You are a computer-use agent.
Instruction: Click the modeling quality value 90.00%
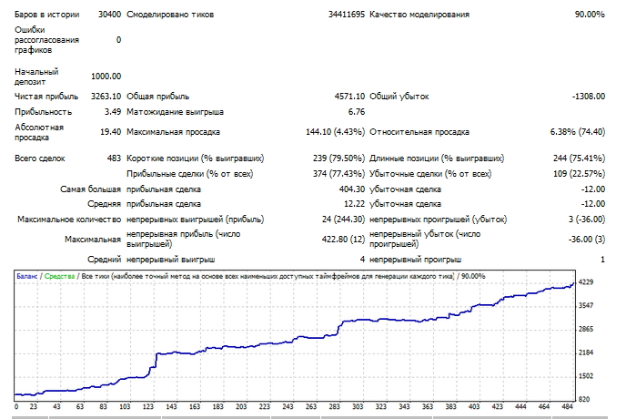590,15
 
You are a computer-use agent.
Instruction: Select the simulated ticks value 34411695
347,15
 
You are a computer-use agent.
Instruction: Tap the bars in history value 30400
109,15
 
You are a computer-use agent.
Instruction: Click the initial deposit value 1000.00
106,77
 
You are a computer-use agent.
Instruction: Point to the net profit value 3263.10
106,97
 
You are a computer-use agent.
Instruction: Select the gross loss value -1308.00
589,97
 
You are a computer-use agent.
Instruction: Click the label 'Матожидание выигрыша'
175,112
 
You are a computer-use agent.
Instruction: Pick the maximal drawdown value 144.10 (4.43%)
336,132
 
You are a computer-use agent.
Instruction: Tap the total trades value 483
114,158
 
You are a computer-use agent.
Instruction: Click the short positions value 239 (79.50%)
339,158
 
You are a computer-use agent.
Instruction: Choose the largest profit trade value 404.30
352,189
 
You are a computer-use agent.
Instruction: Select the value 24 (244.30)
343,220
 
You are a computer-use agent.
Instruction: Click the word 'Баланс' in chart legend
27,276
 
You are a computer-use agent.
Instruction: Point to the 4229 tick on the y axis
586,282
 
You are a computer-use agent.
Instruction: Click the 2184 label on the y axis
586,353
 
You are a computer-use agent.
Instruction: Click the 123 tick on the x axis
147,406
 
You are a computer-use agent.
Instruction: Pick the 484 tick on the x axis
567,406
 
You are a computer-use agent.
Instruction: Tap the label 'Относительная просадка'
419,132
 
